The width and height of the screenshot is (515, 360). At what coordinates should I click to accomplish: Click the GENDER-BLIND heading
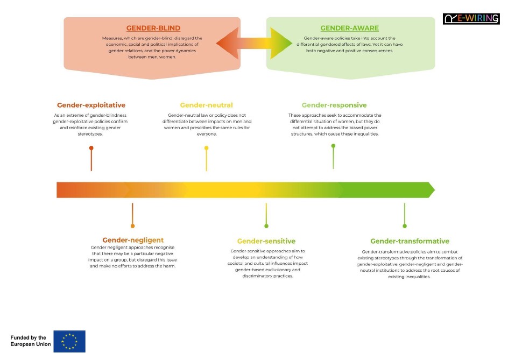(x=153, y=28)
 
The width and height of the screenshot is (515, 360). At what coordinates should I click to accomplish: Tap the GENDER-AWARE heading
(x=349, y=28)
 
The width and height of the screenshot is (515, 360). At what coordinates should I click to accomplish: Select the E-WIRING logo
(x=471, y=19)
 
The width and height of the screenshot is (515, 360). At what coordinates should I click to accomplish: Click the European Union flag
(x=69, y=341)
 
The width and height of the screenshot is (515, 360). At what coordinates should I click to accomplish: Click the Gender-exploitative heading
(x=91, y=105)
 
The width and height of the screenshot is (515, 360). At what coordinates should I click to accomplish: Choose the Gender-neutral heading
(x=206, y=105)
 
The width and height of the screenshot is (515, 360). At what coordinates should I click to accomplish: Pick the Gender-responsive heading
(x=334, y=105)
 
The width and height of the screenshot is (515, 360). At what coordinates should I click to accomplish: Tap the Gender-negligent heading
(x=133, y=240)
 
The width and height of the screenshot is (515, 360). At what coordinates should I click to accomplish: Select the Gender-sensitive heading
(x=266, y=241)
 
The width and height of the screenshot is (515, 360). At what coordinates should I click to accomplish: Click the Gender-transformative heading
(x=410, y=241)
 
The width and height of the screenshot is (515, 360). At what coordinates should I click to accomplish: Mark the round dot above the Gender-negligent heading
(x=133, y=226)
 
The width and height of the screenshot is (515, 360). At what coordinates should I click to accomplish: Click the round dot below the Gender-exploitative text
(x=91, y=148)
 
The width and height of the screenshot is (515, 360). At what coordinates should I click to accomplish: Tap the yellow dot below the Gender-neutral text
(x=206, y=148)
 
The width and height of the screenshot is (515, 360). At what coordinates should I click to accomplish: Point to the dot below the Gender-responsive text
(x=334, y=145)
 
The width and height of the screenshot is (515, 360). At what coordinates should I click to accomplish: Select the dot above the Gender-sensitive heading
(x=266, y=226)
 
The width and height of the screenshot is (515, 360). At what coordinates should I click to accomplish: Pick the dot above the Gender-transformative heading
(x=405, y=226)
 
